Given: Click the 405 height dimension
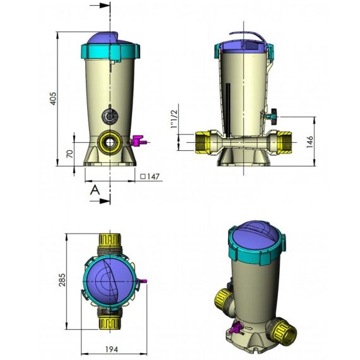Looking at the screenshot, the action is (x=53, y=99).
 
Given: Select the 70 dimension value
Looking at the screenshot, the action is (x=70, y=153).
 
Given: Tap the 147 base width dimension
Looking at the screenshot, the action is (x=150, y=177).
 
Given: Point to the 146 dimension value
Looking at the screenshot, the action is (x=310, y=141).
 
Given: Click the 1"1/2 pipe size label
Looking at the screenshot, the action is (x=174, y=119).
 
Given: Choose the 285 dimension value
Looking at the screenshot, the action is (x=62, y=280).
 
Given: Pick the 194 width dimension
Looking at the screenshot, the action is (x=112, y=349).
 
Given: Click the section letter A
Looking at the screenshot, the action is (x=95, y=190).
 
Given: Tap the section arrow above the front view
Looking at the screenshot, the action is (x=100, y=6).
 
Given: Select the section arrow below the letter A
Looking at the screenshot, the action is (x=100, y=201).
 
